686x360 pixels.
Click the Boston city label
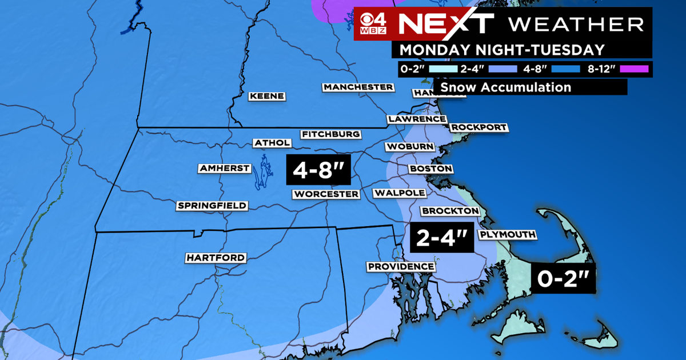pyautogui.click(x=430, y=169)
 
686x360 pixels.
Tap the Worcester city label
pyautogui.click(x=326, y=194)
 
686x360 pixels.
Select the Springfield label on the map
pyautogui.click(x=212, y=205)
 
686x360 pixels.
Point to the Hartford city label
pyautogui.click(x=216, y=258)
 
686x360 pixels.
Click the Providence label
pyautogui.click(x=401, y=267)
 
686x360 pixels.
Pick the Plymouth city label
pyautogui.click(x=508, y=234)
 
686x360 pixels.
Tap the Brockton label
pyautogui.click(x=450, y=211)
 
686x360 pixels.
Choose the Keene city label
pyautogui.click(x=267, y=96)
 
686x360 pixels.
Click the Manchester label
pyautogui.click(x=358, y=87)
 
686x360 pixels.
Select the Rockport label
pyautogui.click(x=478, y=127)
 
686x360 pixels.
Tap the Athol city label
pyautogui.click(x=269, y=143)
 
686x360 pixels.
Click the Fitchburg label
pyautogui.click(x=331, y=134)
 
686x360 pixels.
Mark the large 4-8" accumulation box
pyautogui.click(x=318, y=169)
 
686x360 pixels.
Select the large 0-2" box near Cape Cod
pyautogui.click(x=564, y=279)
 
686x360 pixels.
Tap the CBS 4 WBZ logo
pyautogui.click(x=374, y=24)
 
